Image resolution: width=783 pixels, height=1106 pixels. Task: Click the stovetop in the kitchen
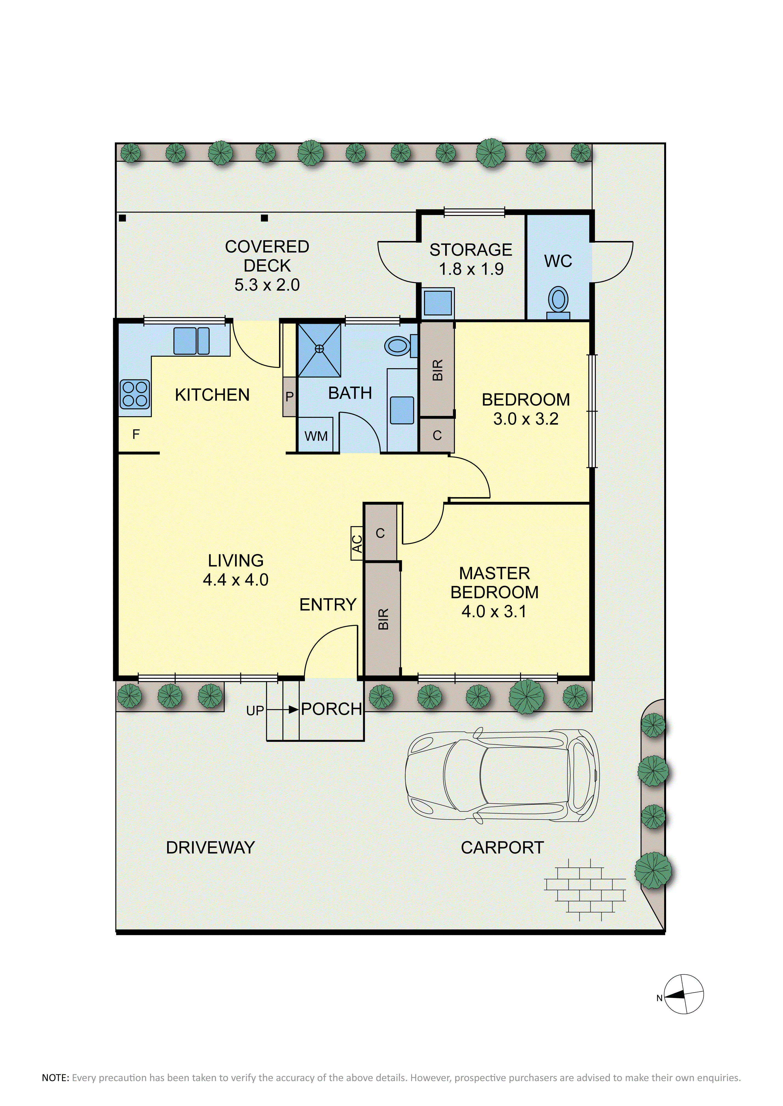pos(134,394)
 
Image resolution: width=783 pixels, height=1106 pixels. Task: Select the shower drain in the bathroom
pos(319,349)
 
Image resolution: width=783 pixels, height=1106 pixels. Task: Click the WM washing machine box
pos(316,435)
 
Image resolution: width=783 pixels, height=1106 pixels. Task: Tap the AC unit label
pos(357,543)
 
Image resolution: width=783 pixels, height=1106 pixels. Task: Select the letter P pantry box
pos(289,396)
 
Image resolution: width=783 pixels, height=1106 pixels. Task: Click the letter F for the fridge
pos(136,434)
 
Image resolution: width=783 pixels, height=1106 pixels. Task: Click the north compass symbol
pos(684,994)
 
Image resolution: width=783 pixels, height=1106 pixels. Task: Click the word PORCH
pos(332,709)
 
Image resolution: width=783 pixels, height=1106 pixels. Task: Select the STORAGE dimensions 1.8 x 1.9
pos(471,269)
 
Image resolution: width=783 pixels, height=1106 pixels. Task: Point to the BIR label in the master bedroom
pos(383,619)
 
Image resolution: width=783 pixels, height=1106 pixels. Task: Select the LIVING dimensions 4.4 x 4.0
pos(236,580)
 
